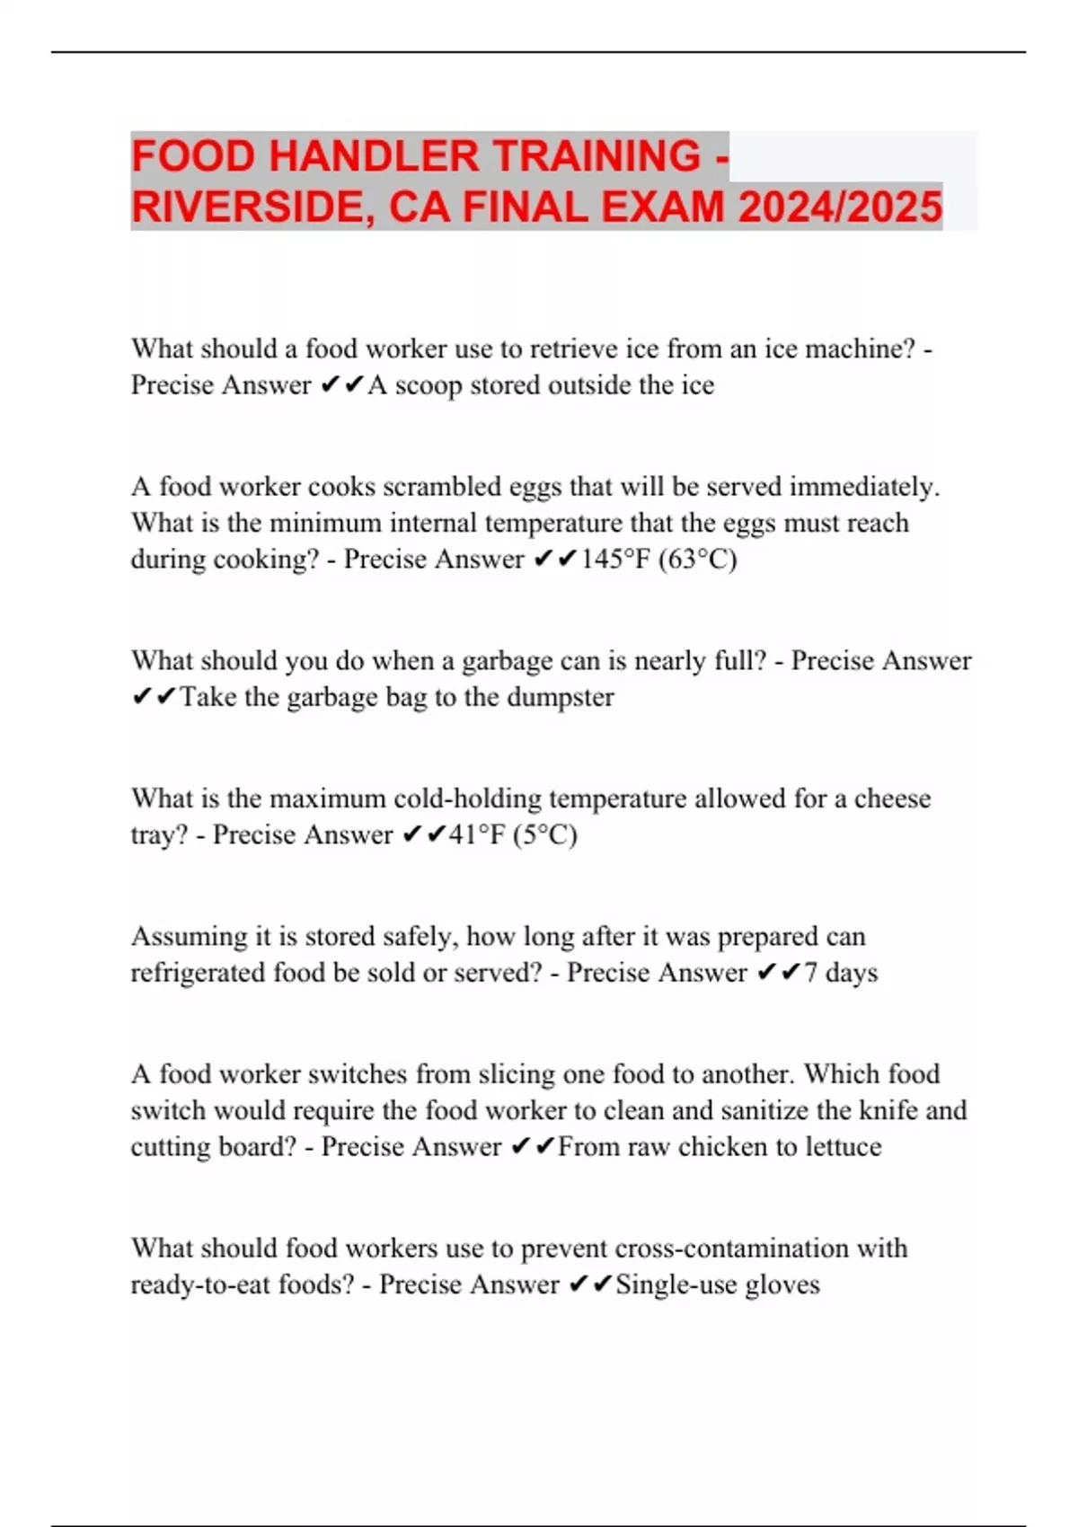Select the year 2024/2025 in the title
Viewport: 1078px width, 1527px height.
point(840,207)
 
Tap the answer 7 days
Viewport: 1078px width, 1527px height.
point(841,973)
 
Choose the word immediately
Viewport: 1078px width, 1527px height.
point(864,487)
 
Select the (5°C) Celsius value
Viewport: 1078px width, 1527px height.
point(545,835)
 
